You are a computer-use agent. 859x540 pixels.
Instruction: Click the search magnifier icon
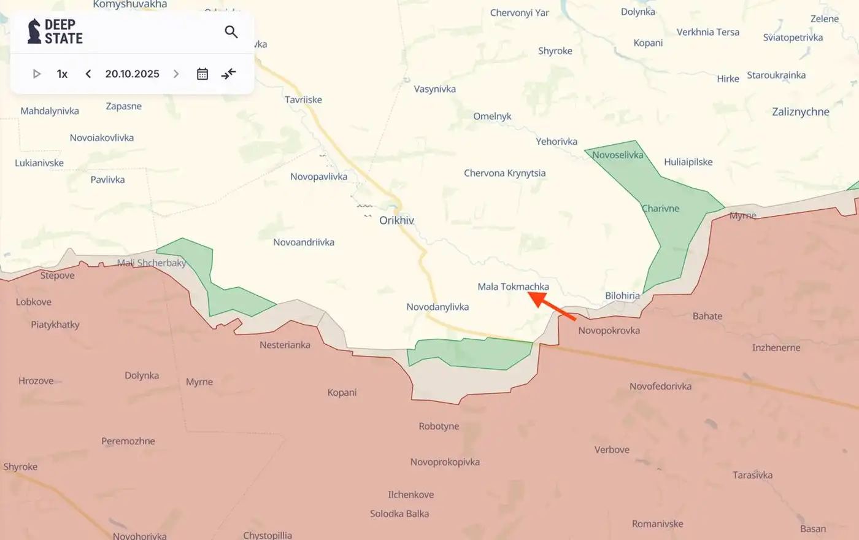231,32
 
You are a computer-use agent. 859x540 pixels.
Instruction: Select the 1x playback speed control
62,74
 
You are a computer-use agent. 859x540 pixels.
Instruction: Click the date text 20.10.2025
132,74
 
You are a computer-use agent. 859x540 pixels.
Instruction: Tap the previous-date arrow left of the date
88,74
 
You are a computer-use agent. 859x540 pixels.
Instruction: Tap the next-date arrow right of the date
176,74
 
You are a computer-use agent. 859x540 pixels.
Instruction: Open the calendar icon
202,74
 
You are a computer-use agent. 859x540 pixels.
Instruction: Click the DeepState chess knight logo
34,31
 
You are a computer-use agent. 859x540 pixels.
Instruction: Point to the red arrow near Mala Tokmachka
552,306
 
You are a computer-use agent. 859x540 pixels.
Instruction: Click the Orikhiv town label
396,220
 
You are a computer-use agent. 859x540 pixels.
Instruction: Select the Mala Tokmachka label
513,287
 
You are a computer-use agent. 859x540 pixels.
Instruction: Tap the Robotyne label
439,426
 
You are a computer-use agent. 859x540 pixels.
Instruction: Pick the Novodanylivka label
437,307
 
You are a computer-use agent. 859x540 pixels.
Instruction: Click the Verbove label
612,450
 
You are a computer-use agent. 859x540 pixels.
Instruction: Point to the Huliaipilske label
688,162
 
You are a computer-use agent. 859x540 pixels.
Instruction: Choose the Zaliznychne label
800,112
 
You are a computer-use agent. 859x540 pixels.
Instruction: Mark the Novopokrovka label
609,331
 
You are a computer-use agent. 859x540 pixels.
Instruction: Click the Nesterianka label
285,345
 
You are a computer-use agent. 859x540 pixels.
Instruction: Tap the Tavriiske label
303,99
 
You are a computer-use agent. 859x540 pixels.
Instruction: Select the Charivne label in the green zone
660,209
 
